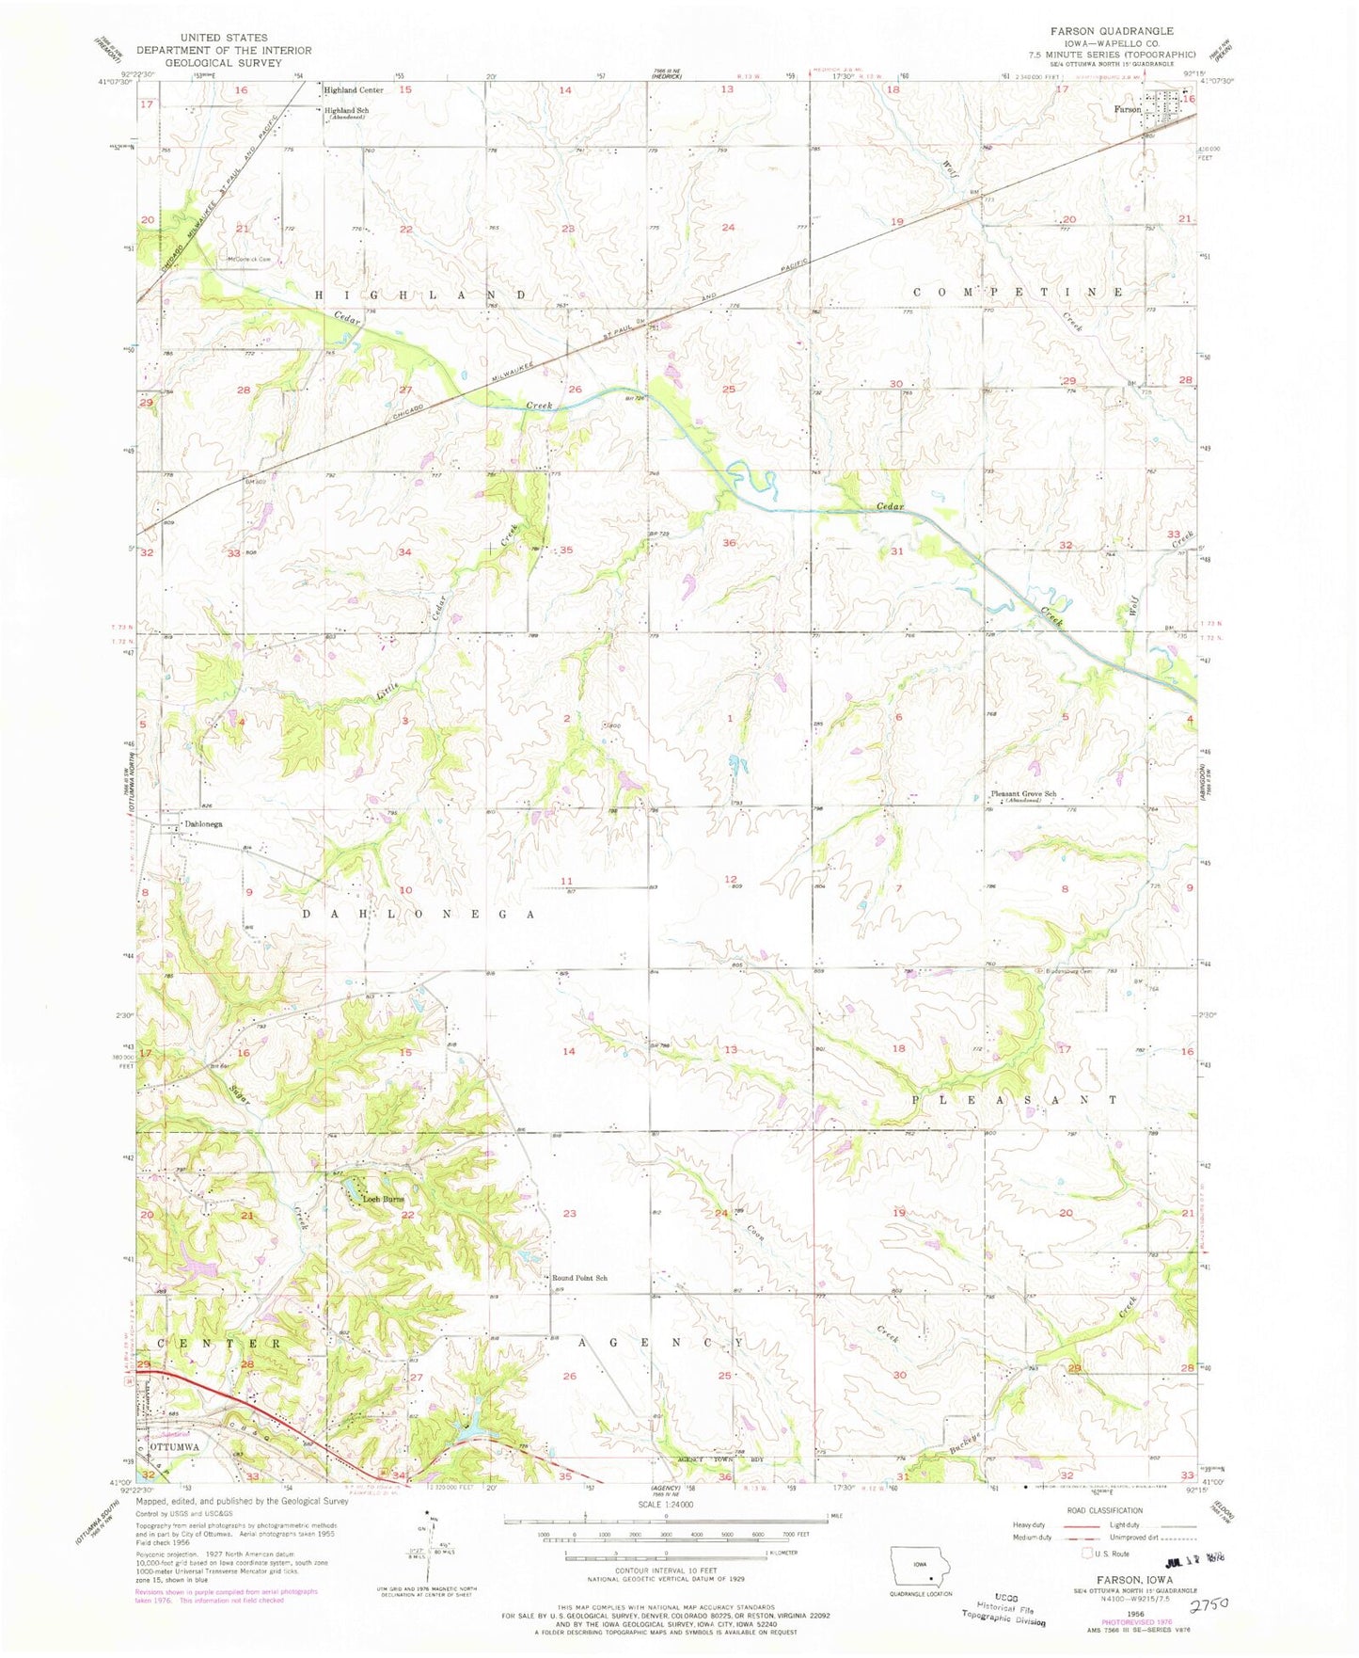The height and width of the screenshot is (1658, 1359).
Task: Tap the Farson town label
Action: (1127, 109)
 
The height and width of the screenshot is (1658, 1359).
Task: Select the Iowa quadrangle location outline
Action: (921, 1568)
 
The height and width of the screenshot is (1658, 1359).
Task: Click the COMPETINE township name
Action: (1018, 293)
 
